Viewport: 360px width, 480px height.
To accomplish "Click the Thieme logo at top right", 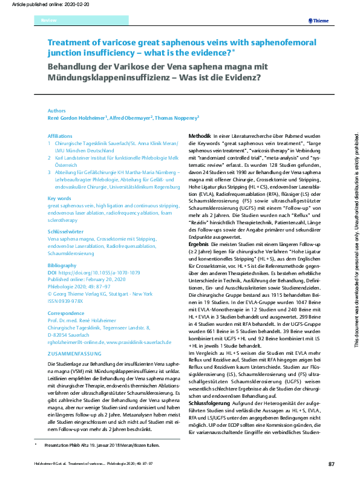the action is [x=318, y=21].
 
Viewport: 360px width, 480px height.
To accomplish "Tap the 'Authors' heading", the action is [x=57, y=111].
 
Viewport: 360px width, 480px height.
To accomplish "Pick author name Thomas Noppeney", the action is [x=178, y=118].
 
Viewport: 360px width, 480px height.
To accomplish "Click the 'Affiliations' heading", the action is [x=61, y=137].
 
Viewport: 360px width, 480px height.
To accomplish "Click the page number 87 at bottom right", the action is [x=331, y=464].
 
